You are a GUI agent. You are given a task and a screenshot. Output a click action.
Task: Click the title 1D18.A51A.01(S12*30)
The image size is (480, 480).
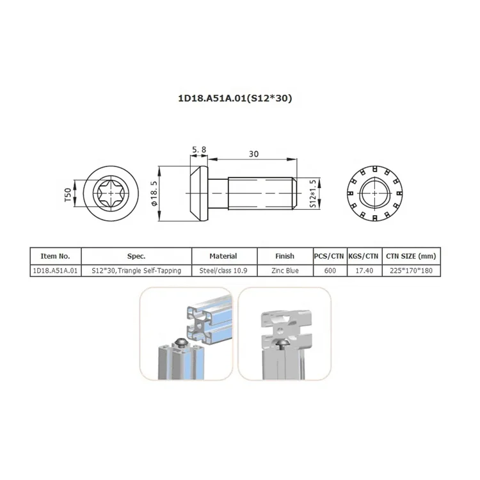point(239,99)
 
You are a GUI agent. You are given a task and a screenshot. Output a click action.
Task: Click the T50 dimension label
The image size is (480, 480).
point(67,195)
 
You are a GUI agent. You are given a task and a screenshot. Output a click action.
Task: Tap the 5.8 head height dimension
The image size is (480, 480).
point(198,150)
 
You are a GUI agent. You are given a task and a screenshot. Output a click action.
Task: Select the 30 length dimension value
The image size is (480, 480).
point(253,154)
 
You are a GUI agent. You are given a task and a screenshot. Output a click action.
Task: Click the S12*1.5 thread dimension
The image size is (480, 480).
point(313,193)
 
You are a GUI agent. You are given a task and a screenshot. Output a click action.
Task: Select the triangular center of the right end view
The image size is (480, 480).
point(374,193)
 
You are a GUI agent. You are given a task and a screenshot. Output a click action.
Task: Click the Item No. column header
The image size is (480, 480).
point(55,256)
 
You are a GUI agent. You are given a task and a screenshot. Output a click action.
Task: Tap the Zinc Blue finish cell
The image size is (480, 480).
point(284,270)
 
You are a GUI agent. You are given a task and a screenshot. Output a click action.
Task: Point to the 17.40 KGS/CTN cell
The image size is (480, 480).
point(364,270)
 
